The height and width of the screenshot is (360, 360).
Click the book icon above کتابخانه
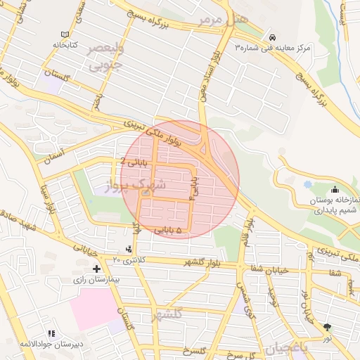coord(65,34)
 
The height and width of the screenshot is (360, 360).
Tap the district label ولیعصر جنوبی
coord(105,58)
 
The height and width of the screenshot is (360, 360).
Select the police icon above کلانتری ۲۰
coord(128,249)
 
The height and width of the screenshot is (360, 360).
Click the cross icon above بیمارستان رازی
coord(96,269)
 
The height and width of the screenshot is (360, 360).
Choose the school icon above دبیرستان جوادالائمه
coord(51,333)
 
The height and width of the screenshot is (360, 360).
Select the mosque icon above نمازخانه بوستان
coord(334,190)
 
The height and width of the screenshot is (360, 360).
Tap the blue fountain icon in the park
coord(307,184)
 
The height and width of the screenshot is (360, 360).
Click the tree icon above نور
coord(326,327)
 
